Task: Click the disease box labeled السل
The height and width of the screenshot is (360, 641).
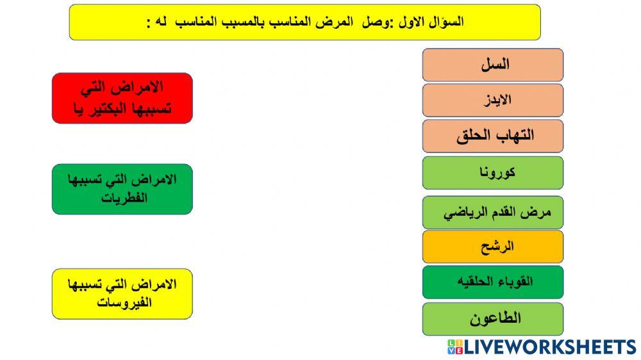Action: [492, 65]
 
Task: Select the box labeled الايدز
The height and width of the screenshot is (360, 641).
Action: [492, 101]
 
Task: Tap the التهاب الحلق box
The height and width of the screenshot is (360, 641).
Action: [492, 136]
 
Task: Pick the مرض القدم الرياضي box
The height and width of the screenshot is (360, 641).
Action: [492, 213]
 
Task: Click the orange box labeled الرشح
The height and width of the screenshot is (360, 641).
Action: [492, 247]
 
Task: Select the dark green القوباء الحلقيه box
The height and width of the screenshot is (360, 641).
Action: [492, 282]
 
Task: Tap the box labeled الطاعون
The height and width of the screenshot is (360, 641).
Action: [492, 318]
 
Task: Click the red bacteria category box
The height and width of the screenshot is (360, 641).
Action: [122, 98]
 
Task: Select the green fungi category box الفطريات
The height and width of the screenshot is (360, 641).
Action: [122, 189]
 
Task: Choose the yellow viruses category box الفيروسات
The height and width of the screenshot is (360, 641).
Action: [122, 294]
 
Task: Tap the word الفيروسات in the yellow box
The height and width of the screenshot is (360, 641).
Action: [124, 302]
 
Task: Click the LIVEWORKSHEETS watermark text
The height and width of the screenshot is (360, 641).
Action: [549, 347]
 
